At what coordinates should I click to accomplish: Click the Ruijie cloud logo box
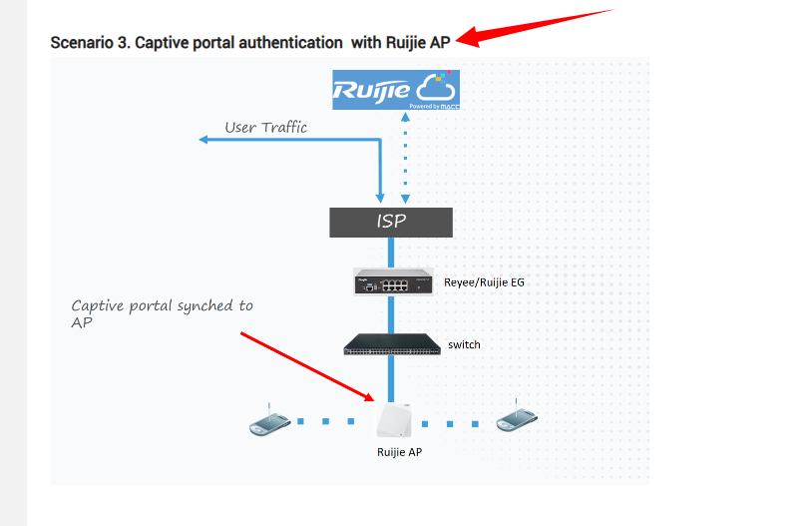[x=396, y=90]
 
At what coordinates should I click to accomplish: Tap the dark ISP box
[x=391, y=222]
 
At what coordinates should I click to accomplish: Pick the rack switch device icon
[x=392, y=344]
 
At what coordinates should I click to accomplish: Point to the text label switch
[x=464, y=344]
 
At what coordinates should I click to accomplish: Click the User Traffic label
[x=265, y=128]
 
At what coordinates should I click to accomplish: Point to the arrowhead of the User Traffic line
[x=204, y=140]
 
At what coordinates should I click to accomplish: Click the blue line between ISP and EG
[x=391, y=252]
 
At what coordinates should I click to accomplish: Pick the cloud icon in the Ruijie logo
[x=435, y=86]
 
